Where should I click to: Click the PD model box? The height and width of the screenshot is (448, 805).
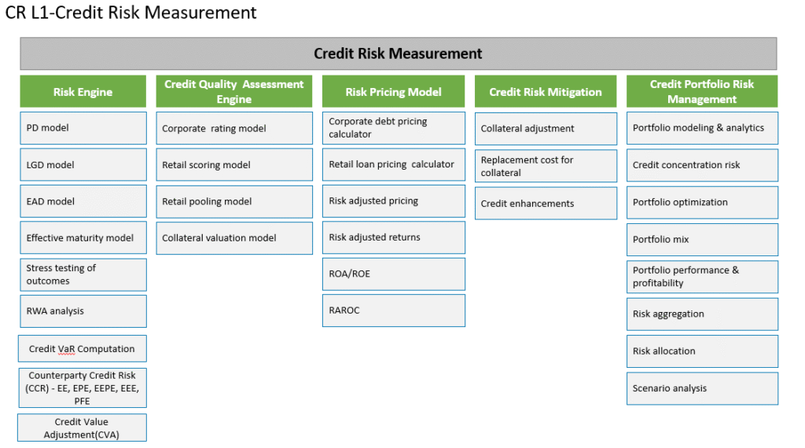(x=83, y=128)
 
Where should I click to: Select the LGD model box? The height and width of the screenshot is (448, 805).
(x=83, y=165)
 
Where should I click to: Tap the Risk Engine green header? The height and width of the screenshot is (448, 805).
(x=83, y=91)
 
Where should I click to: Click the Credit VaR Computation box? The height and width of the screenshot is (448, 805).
(x=82, y=349)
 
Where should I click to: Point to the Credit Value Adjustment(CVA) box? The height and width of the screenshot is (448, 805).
(x=82, y=428)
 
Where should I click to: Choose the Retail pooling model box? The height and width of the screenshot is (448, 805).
(x=234, y=202)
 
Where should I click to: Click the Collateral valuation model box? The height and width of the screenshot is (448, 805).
(x=234, y=238)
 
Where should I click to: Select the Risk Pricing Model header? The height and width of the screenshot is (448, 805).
(x=393, y=91)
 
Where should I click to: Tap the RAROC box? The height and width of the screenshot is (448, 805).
(x=394, y=310)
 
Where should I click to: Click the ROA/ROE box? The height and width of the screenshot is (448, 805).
(x=394, y=274)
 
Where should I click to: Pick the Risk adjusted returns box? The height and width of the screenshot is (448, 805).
(x=394, y=237)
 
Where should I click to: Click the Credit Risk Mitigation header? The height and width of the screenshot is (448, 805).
(x=546, y=91)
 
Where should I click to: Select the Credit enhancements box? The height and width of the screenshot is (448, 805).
(x=546, y=204)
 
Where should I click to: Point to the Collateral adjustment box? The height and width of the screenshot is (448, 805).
(x=546, y=129)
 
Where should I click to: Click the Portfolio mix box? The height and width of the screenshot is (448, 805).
(x=702, y=240)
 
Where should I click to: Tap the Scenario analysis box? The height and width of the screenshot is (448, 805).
(x=702, y=388)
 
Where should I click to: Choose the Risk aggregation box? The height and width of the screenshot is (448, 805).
(x=702, y=314)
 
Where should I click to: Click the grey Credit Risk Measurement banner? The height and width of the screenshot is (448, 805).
(x=399, y=53)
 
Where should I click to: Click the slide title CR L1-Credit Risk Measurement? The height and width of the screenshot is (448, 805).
(x=131, y=13)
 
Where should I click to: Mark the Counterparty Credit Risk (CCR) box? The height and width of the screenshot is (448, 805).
(x=82, y=388)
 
